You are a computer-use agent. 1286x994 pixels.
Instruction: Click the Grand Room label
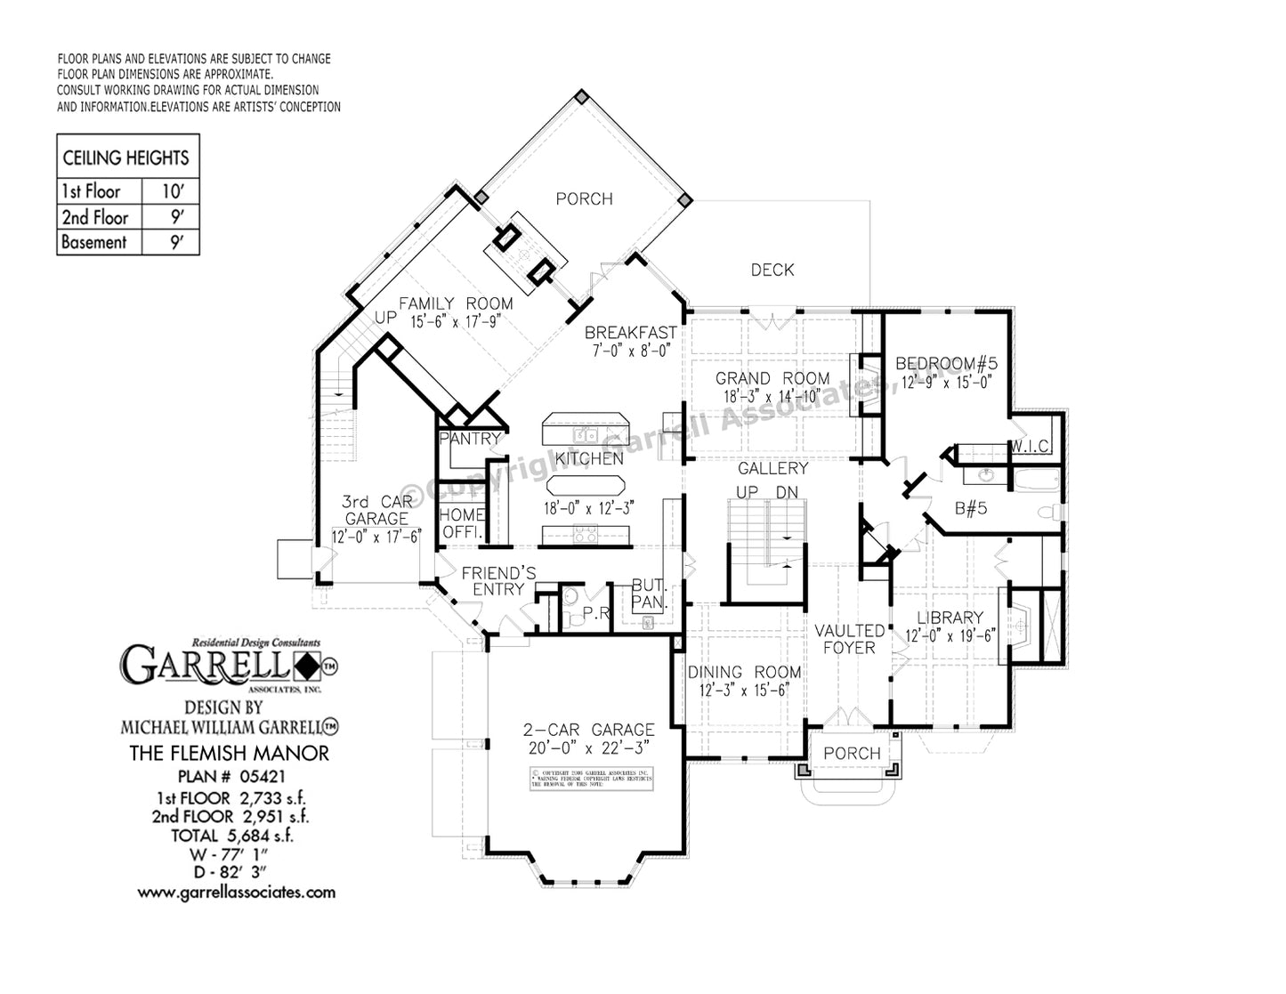point(772,379)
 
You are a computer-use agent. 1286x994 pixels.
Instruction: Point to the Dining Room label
point(744,673)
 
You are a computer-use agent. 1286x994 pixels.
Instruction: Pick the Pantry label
point(471,439)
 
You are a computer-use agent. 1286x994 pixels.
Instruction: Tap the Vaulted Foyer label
point(850,639)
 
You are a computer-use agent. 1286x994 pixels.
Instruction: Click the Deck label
point(772,270)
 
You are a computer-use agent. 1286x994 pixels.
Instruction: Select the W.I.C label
point(1031,446)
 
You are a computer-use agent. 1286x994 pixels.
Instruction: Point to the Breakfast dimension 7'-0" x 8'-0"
point(630,350)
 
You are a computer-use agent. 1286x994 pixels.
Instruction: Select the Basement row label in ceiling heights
point(94,242)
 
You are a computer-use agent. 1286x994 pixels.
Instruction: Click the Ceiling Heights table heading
point(125,158)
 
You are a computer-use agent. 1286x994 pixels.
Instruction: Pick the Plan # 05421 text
point(229,775)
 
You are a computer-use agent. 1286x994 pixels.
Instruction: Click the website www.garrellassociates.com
point(236,891)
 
